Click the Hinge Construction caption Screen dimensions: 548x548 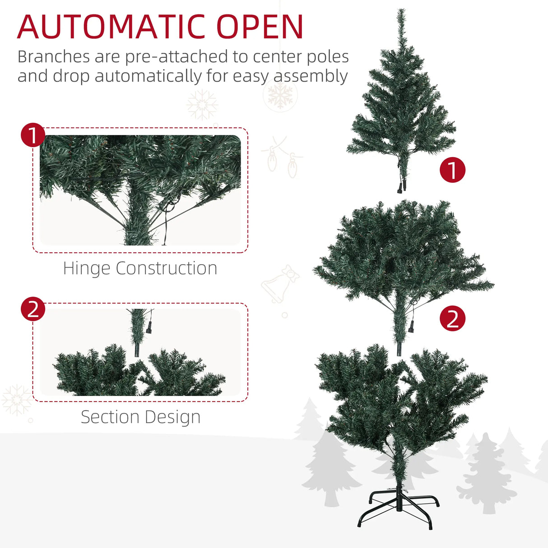(140, 268)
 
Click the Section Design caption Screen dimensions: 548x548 (140, 417)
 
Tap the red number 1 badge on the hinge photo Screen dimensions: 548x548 (33, 135)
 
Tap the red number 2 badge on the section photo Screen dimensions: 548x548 (33, 309)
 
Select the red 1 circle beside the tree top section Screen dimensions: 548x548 (452, 170)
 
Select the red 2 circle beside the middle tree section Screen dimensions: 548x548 (452, 318)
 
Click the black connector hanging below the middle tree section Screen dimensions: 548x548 (412, 326)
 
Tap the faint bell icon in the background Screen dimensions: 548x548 (279, 284)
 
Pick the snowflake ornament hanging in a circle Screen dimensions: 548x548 (280, 95)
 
